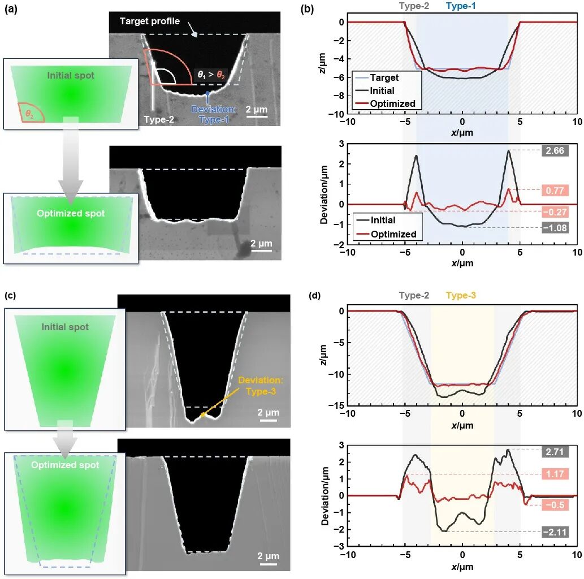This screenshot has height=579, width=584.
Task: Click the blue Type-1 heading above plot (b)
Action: click(x=464, y=7)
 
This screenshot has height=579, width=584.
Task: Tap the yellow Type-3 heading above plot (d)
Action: click(x=464, y=295)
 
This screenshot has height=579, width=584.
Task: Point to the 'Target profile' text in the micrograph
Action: click(x=149, y=21)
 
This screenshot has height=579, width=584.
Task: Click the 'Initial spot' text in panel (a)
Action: click(x=71, y=75)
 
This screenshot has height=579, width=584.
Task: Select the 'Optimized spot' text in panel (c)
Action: click(x=65, y=465)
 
